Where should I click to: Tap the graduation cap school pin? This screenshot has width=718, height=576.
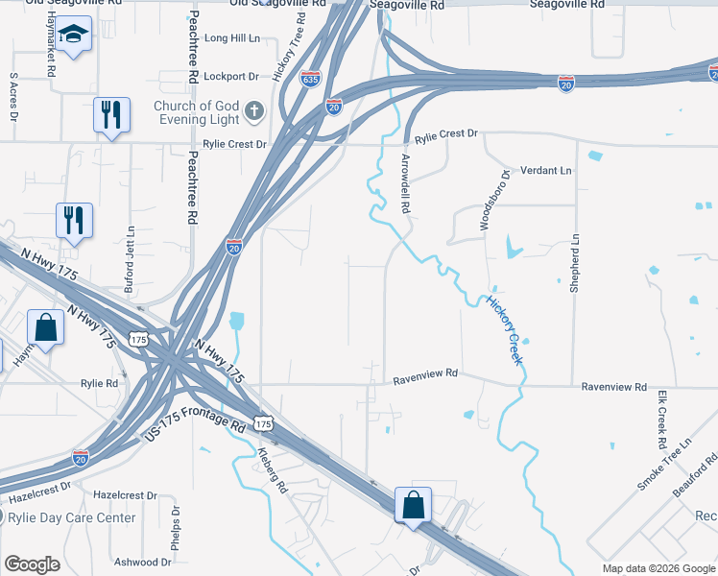[x=73, y=36]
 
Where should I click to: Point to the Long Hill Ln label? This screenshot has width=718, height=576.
[x=232, y=39]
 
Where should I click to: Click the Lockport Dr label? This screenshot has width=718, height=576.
[x=232, y=76]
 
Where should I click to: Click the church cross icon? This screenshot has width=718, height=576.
[x=254, y=111]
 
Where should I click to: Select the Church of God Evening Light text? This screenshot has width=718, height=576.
[x=195, y=112]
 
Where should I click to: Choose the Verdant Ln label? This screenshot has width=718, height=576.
[x=544, y=170]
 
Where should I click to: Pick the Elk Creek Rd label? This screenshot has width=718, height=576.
[x=662, y=420]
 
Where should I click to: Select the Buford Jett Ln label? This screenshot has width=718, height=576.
[x=130, y=258]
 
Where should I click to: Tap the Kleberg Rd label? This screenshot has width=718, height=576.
[x=271, y=470]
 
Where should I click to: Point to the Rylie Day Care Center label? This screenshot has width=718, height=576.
[x=71, y=517]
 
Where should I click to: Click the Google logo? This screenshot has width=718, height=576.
[x=33, y=564]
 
